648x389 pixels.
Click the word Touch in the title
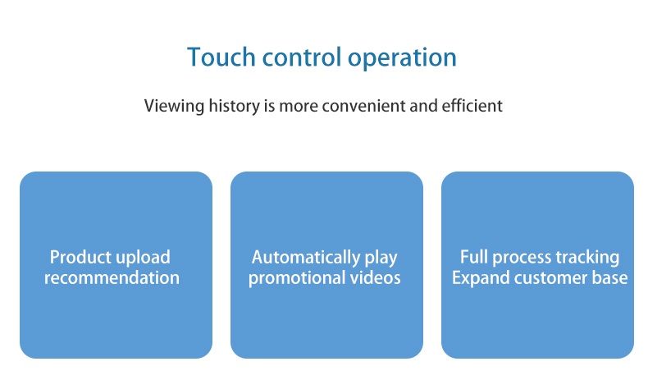tap(221, 57)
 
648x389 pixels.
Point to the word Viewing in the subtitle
tap(174, 107)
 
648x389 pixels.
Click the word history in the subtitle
tap(234, 107)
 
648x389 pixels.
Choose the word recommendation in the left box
tap(112, 277)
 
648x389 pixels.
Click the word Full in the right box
tap(474, 257)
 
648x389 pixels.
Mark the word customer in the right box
tap(551, 277)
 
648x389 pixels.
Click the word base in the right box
tap(610, 277)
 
